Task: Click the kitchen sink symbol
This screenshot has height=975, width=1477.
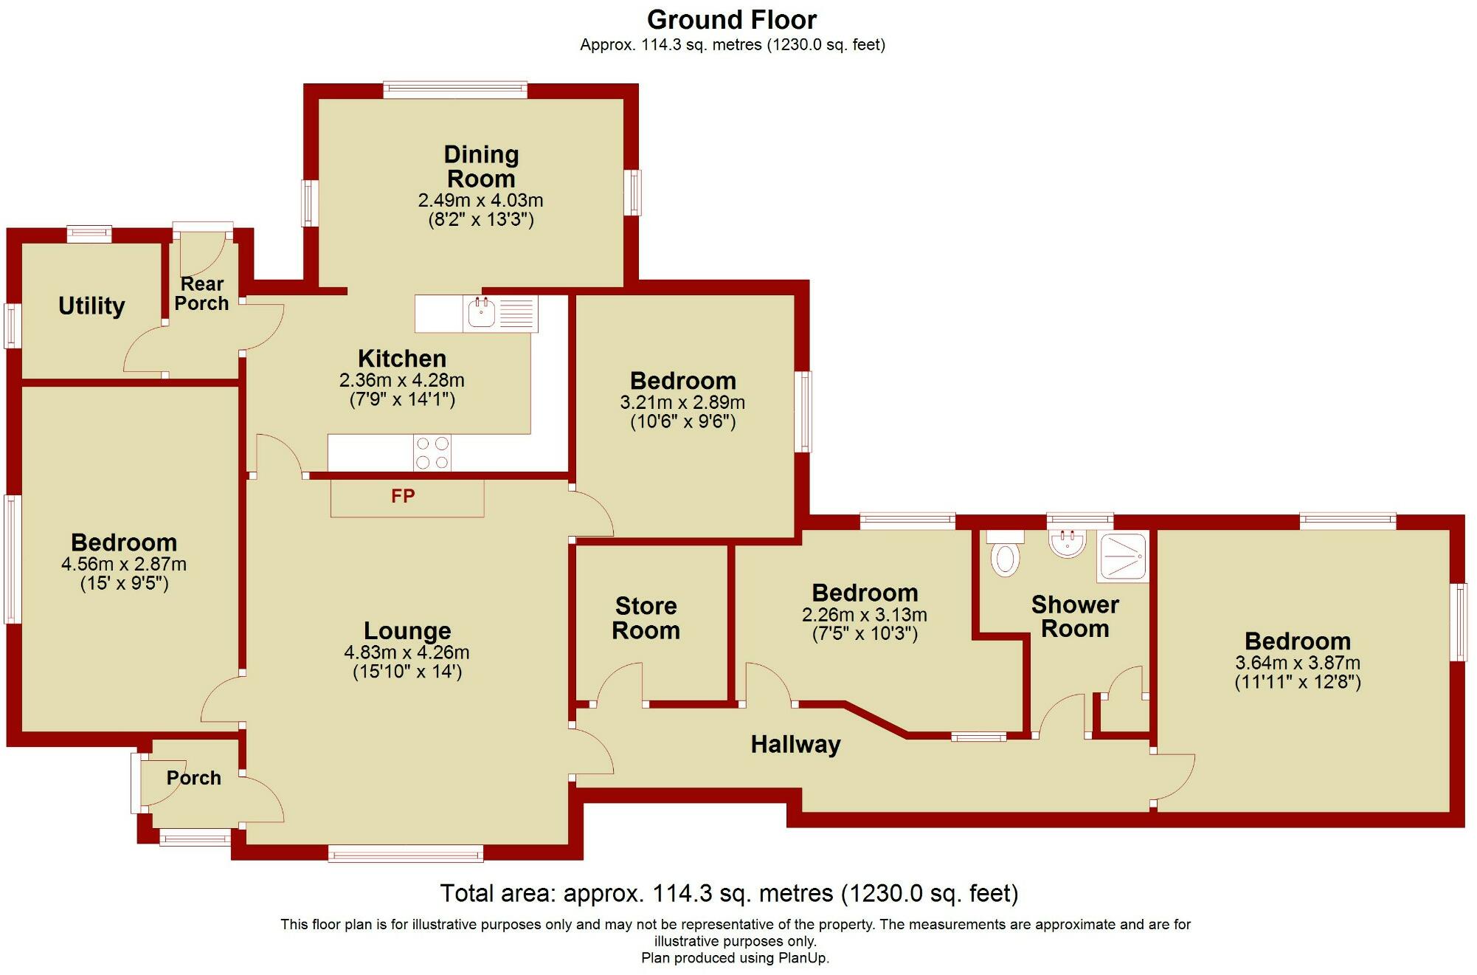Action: pyautogui.click(x=482, y=314)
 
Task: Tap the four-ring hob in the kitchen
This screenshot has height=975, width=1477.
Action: pyautogui.click(x=432, y=453)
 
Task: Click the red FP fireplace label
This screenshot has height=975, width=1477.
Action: pyautogui.click(x=403, y=496)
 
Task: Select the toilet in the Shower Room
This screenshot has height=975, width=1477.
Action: pyautogui.click(x=1005, y=559)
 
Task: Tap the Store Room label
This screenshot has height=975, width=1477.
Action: pyautogui.click(x=646, y=618)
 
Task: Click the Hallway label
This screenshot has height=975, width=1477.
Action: pyautogui.click(x=795, y=744)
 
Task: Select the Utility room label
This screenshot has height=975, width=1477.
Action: pyautogui.click(x=91, y=306)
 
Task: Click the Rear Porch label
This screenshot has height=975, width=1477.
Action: pyautogui.click(x=201, y=294)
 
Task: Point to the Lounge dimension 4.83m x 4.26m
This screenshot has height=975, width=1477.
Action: pyautogui.click(x=407, y=652)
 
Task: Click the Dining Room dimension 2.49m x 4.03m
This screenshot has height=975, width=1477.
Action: pyautogui.click(x=480, y=200)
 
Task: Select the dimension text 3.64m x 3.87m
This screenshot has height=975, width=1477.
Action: pyautogui.click(x=1297, y=663)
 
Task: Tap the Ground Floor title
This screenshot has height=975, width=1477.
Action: pyautogui.click(x=732, y=19)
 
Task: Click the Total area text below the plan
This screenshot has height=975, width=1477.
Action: pyautogui.click(x=729, y=893)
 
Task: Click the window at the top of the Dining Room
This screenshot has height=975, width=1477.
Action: pyautogui.click(x=455, y=90)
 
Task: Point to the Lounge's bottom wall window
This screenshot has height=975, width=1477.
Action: pyautogui.click(x=406, y=854)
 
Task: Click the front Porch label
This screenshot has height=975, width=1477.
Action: pyautogui.click(x=193, y=778)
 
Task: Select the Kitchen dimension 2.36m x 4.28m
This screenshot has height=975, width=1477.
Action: pyautogui.click(x=401, y=380)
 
